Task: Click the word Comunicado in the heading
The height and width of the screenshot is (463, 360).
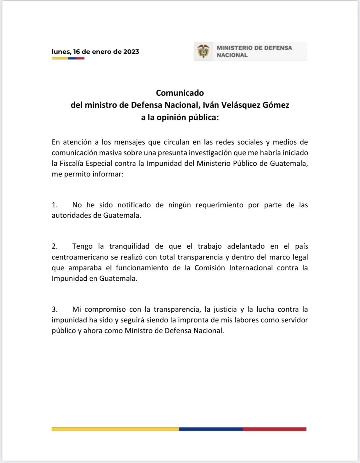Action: coord(180,93)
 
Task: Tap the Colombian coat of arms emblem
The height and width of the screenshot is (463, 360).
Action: coord(203,51)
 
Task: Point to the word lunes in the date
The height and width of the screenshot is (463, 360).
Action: coord(61,52)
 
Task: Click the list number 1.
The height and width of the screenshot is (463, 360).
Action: coord(54,205)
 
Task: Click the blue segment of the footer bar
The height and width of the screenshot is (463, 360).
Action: coord(211,429)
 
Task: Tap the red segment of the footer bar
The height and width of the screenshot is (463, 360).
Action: coord(274,429)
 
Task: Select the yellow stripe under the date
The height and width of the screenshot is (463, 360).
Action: coord(60,58)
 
